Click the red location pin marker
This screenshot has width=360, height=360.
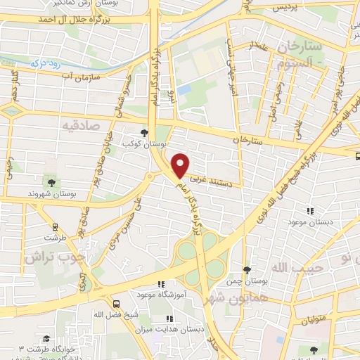181,165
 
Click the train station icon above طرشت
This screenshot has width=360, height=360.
56,227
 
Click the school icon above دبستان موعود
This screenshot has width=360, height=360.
309,211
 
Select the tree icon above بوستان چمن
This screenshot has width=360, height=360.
247,270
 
